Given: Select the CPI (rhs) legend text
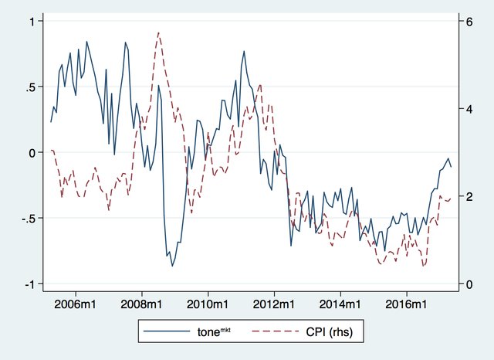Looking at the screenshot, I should click(x=327, y=331).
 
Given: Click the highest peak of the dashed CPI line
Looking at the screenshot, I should click(x=158, y=32).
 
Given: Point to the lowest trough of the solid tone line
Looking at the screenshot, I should click(x=172, y=266).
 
